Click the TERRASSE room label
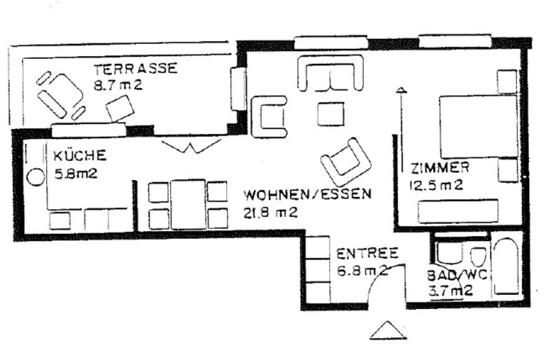[135, 69]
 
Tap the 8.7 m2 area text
[118, 85]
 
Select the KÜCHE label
[80, 156]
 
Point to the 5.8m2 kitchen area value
[76, 174]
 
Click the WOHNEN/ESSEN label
[307, 194]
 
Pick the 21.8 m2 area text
[270, 213]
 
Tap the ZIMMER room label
[440, 167]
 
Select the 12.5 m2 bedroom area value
[436, 185]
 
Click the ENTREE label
[367, 253]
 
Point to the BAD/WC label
[457, 274]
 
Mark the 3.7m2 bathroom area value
[450, 291]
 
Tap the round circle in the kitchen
[36, 177]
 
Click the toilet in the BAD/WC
[479, 257]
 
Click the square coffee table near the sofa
[331, 114]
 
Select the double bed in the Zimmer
[478, 126]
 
